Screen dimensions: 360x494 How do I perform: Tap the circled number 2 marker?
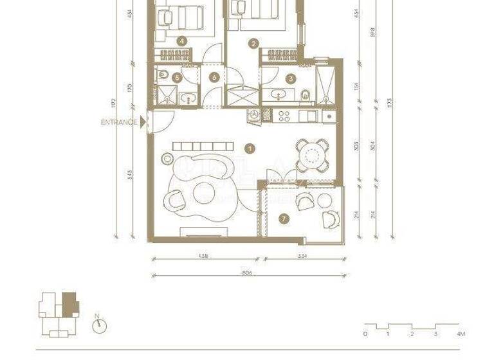click(x=254, y=44)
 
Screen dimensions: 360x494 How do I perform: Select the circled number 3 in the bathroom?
click(x=291, y=79)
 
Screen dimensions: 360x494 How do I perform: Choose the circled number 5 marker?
click(x=176, y=78)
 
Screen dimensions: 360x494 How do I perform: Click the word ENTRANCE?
click(x=120, y=122)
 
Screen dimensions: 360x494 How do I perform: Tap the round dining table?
click(x=312, y=154)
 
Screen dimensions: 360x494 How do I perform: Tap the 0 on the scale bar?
click(x=365, y=334)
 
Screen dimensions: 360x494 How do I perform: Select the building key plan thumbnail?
click(x=59, y=314)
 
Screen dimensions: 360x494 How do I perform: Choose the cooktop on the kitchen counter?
click(x=286, y=116)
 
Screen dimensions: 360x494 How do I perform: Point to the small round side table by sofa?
click(x=167, y=156)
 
